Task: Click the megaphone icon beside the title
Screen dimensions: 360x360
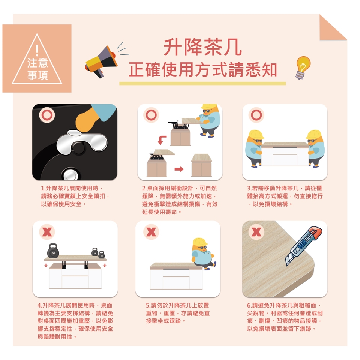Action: click(101, 61)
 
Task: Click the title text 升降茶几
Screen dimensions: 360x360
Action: click(203, 47)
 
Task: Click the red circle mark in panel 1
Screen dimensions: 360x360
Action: click(47, 115)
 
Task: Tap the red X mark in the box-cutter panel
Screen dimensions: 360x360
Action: click(256, 232)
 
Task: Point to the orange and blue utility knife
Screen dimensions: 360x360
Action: click(303, 246)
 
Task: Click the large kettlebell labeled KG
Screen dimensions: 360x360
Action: click(53, 251)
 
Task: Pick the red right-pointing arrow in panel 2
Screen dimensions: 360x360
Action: click(179, 169)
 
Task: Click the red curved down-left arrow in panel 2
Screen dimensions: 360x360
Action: click(162, 140)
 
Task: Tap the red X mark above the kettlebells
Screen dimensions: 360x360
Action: click(47, 232)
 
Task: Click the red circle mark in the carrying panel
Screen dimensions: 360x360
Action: click(256, 115)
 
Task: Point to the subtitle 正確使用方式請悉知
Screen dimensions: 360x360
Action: click(203, 69)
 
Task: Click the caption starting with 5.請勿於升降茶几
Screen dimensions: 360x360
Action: click(178, 313)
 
